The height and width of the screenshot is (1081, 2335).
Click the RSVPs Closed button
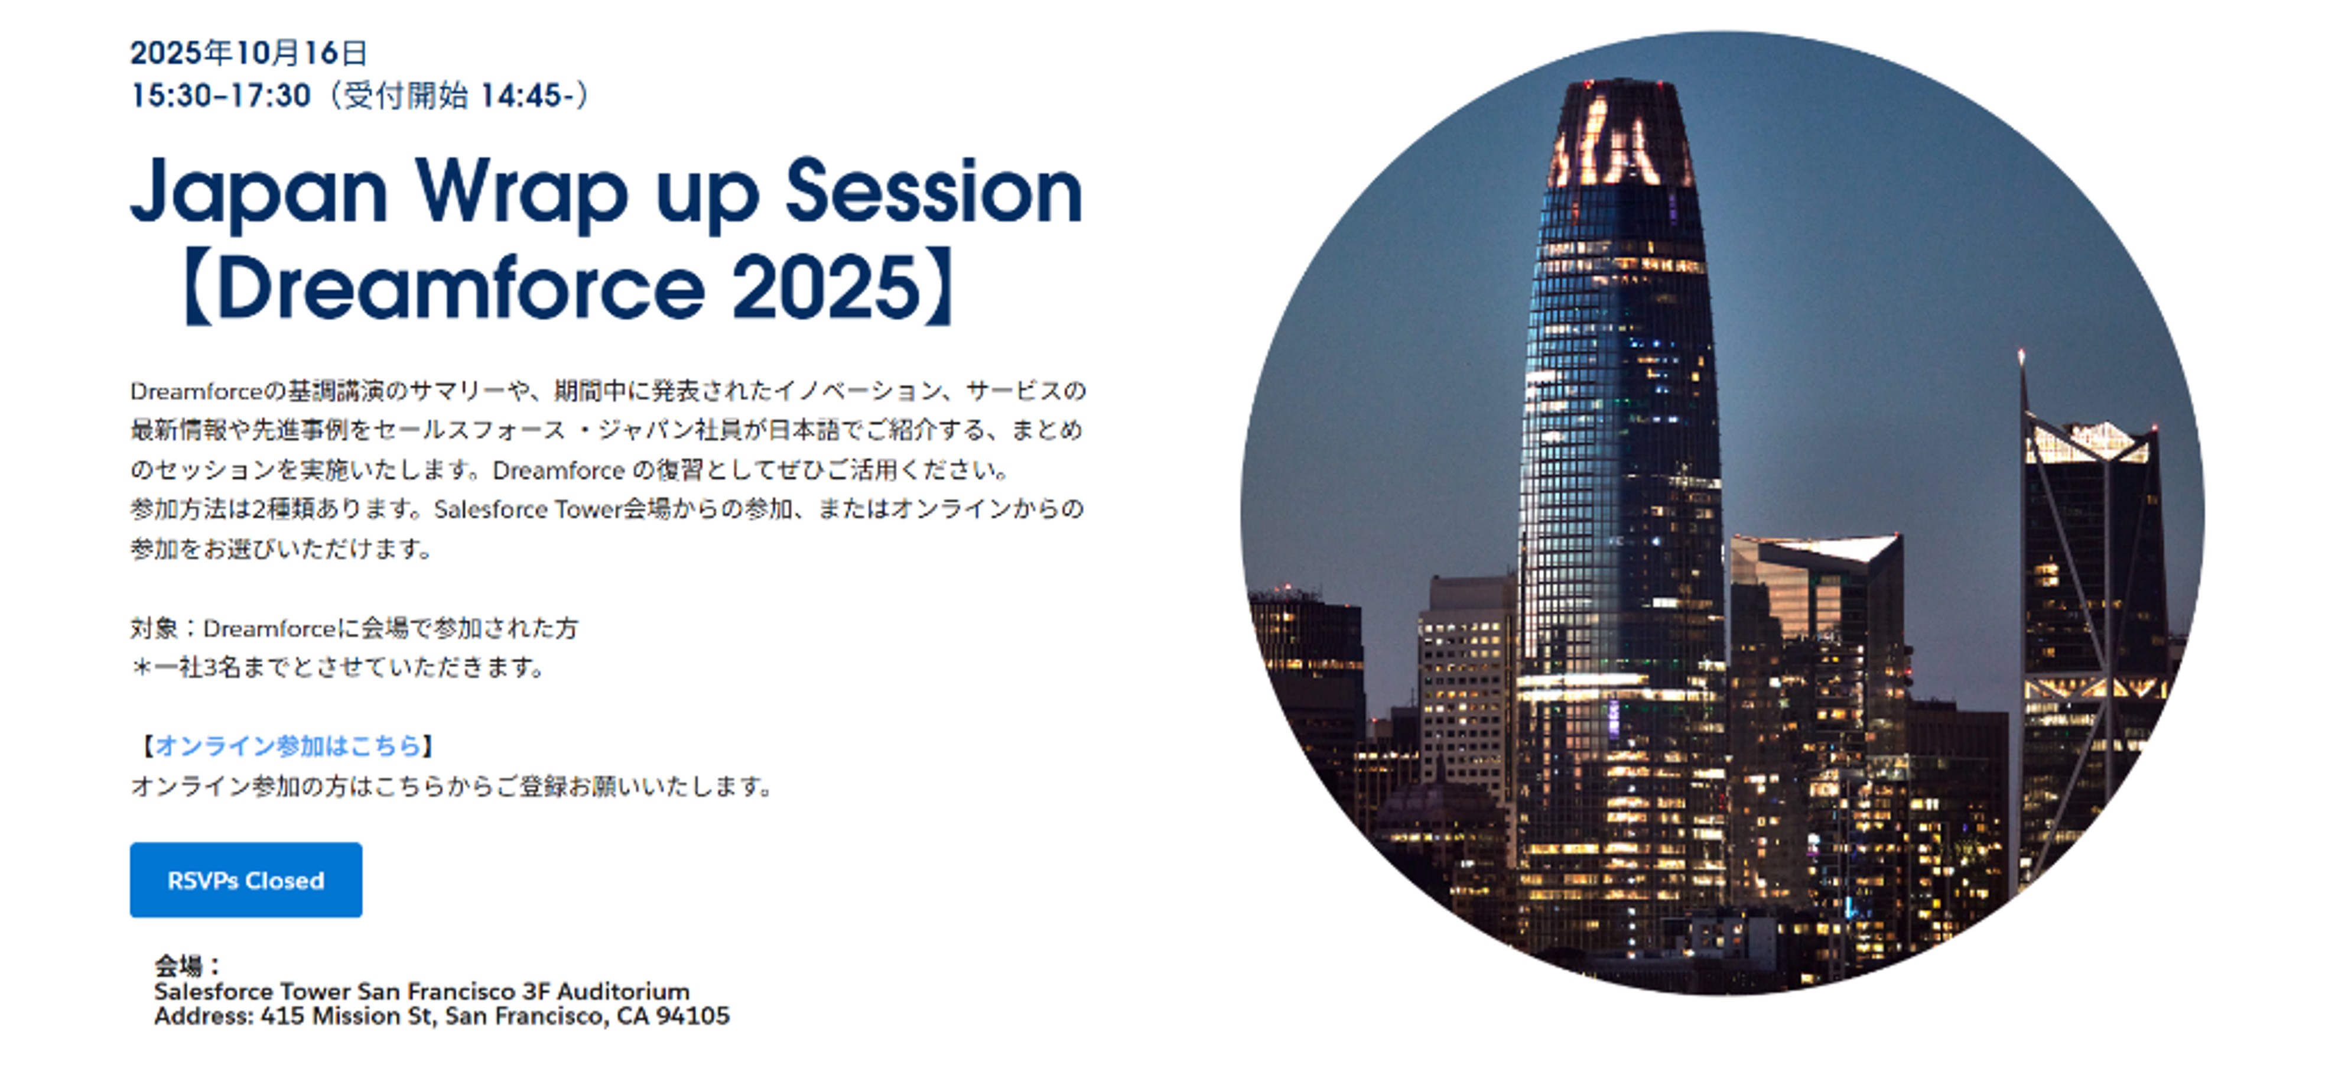click(246, 879)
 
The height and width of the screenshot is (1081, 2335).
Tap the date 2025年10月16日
click(248, 53)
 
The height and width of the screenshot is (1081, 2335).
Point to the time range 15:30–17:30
click(220, 95)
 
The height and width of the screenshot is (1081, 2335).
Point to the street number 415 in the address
click(282, 1016)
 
